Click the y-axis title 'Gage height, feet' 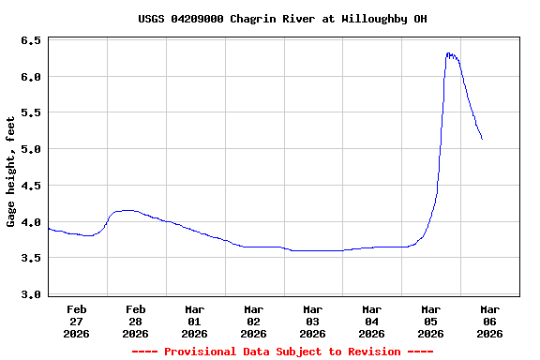11,172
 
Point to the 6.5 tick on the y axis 30,41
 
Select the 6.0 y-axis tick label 30,77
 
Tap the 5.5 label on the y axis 30,112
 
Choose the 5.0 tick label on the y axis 30,149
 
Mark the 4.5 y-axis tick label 30,186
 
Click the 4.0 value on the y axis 30,222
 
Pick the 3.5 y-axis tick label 30,258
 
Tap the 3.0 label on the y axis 30,294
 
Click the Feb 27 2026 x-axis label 77,321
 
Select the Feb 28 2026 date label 136,321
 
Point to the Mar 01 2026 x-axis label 195,321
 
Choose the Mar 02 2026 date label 254,321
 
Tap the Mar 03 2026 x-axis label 313,321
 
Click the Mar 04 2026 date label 372,321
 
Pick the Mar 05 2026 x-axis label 431,321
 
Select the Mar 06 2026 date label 490,321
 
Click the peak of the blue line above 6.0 449,53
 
